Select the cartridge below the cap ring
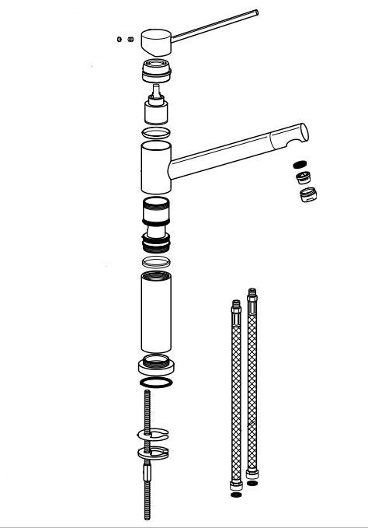point(158,109)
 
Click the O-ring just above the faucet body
point(158,134)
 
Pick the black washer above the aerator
point(300,165)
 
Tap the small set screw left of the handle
point(118,39)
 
